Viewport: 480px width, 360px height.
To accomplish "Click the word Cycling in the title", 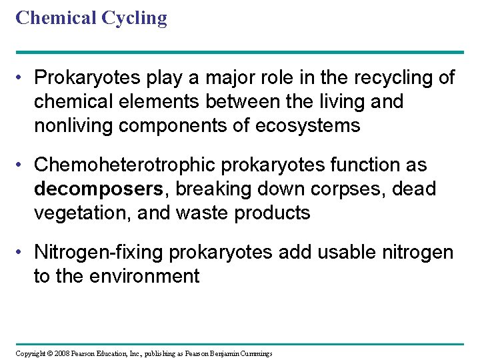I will coord(133,19).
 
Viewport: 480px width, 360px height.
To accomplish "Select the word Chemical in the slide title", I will coord(55,17).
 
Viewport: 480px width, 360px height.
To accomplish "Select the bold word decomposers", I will coord(98,189).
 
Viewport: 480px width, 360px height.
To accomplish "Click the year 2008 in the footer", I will coord(61,353).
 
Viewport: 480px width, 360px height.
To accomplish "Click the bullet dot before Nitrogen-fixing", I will coord(22,253).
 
